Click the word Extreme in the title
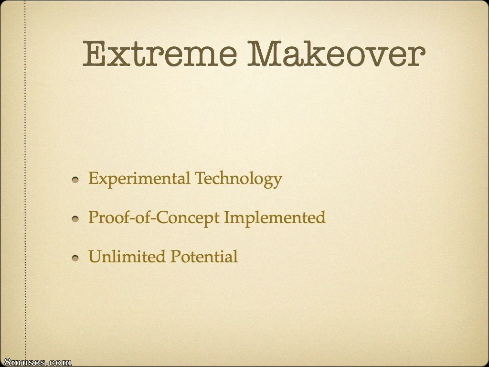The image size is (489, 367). (159, 54)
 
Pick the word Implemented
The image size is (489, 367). (275, 218)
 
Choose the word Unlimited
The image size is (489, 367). (127, 257)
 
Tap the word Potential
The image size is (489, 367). (204, 257)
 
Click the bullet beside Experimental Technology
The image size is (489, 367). (75, 180)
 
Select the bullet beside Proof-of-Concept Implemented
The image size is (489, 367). (75, 219)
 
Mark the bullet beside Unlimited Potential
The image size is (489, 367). (75, 258)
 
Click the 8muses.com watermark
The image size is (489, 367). (36, 362)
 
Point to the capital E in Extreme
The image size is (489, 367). (94, 54)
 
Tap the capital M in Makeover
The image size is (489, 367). (264, 54)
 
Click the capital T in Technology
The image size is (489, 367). (201, 178)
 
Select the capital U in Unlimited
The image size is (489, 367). (96, 257)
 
